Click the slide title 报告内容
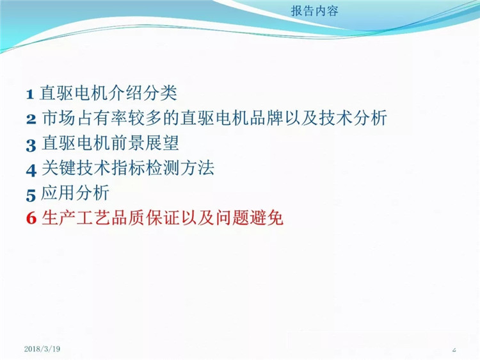(314, 11)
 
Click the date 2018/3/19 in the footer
(42, 348)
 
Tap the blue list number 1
(29, 94)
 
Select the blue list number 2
(31, 119)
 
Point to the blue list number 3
(31, 145)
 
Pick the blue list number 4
(31, 170)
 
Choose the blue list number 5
(31, 195)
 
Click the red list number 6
(31, 218)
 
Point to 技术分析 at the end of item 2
(353, 118)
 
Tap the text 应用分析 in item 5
(75, 193)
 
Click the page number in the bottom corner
(454, 349)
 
